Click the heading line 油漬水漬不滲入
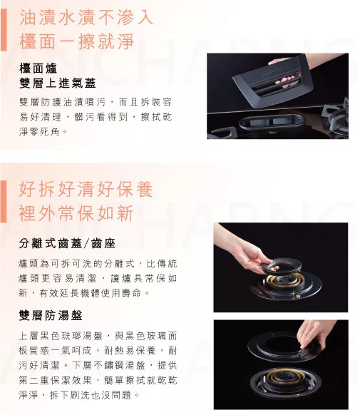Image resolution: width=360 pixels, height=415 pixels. pos(86,17)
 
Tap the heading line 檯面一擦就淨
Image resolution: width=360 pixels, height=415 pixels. pos(77,41)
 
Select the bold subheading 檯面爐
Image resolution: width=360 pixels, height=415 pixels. pos(38,68)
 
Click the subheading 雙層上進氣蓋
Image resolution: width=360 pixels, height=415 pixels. pos(58,83)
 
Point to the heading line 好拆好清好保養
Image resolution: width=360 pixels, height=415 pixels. pos(86,189)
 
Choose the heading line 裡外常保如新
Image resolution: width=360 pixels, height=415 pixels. pos(76,213)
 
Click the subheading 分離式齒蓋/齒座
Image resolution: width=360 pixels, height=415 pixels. pos(67,243)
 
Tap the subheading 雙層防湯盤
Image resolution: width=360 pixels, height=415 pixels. pos(51,315)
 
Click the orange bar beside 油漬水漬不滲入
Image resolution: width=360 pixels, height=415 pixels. pos(4,30)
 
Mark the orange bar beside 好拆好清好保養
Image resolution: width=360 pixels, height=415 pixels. pos(4,201)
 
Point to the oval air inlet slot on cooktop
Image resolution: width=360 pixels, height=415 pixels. pos(272,122)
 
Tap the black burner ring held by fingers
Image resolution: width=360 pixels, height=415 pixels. pos(280,266)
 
